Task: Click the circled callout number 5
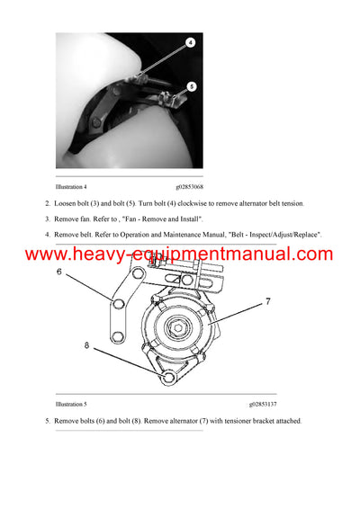pyautogui.click(x=192, y=86)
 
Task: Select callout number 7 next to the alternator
pyautogui.click(x=267, y=300)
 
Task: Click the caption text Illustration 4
pyautogui.click(x=71, y=186)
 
